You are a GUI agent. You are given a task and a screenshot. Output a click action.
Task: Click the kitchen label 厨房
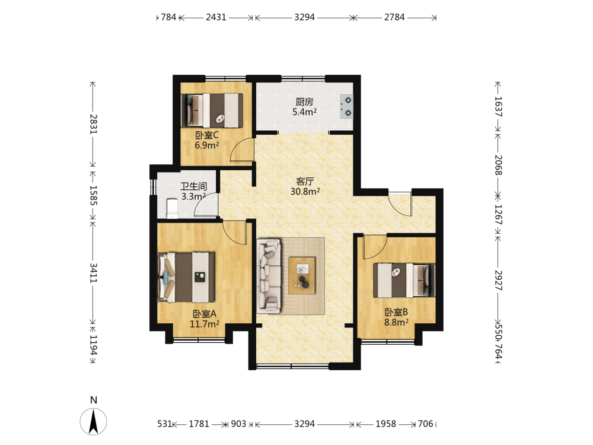[x=304, y=102]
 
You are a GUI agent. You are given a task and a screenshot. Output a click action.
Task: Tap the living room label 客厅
[x=305, y=181]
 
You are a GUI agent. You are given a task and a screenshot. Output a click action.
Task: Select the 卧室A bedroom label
[x=204, y=314]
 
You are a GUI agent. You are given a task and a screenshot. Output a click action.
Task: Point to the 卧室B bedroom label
[x=396, y=312]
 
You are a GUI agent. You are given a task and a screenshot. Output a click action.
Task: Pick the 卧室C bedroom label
[x=207, y=135]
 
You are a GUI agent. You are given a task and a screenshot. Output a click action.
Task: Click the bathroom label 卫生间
[x=194, y=186]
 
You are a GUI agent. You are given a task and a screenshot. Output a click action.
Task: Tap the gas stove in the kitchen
[x=346, y=106]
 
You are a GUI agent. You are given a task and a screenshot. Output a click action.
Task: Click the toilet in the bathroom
[x=172, y=208]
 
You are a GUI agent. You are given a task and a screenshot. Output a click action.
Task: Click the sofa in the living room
[x=269, y=276]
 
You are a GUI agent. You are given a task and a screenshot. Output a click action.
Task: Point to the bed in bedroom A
[x=186, y=277]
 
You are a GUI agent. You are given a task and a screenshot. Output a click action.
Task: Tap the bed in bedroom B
[x=404, y=281]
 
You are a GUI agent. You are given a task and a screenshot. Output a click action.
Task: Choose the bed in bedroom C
[x=212, y=110]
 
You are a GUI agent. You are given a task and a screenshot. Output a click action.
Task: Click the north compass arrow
[x=94, y=421]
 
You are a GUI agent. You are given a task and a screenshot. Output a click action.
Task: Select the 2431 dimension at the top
[x=216, y=17]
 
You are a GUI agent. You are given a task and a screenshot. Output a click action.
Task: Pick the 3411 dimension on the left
[x=93, y=273]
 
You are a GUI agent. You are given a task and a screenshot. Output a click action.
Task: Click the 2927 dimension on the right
[x=498, y=281]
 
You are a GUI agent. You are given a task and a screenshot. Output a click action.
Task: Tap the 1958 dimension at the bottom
[x=386, y=424]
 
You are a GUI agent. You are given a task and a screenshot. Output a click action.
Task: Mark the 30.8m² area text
[x=305, y=192]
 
